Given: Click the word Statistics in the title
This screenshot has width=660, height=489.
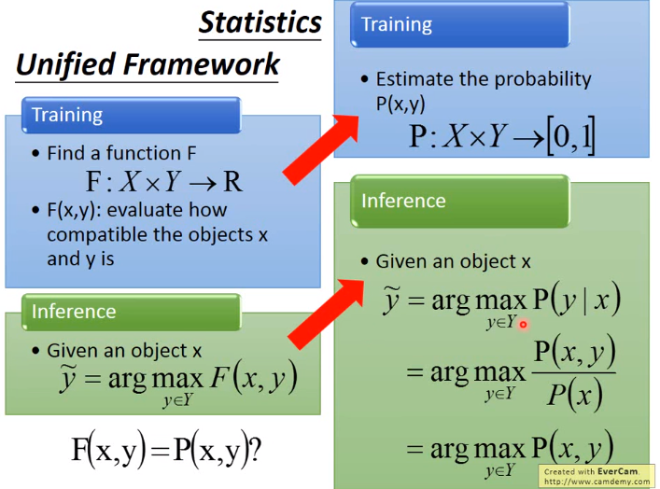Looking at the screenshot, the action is (260, 22).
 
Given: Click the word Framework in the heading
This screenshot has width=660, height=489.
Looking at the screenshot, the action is (202, 64).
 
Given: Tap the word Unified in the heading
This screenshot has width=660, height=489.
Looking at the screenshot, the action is (65, 64).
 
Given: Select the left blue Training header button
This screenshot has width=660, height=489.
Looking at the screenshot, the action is (132, 115).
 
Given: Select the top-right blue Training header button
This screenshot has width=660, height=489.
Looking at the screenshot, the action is (460, 24).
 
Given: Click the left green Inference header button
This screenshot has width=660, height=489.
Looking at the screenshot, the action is (132, 312).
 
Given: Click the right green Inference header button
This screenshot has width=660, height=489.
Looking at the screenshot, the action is (460, 202).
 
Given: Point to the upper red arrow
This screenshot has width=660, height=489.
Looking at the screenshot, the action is (320, 150).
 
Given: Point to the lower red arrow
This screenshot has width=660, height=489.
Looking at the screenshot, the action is (325, 314).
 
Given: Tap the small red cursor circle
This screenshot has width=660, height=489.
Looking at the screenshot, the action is (523, 325).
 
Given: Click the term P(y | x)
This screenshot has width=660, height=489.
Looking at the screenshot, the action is (577, 300).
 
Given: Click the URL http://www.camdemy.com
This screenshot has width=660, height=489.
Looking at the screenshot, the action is (597, 481).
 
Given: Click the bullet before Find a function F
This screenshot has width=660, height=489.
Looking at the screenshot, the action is (36, 153).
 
